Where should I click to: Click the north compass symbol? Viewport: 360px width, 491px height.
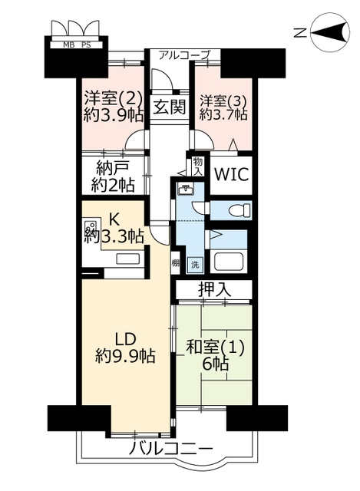330,32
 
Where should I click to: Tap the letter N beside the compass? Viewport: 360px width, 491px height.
300,32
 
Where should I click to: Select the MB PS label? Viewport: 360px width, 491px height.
77,45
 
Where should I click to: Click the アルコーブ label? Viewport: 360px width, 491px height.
183,55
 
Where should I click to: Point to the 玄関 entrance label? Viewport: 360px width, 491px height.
170,107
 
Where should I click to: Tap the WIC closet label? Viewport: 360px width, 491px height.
232,174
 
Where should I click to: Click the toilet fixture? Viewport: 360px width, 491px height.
240,210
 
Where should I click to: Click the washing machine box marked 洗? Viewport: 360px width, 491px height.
195,265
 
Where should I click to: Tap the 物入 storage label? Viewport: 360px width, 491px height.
198,166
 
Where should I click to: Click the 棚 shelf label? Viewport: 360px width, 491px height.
175,263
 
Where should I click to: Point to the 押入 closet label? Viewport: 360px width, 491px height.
215,290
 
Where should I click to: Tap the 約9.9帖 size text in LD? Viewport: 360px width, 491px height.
125,355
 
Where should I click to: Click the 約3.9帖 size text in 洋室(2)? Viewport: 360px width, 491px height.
114,115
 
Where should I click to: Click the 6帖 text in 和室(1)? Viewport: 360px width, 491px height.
215,363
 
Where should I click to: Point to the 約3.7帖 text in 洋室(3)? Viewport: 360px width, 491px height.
223,114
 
